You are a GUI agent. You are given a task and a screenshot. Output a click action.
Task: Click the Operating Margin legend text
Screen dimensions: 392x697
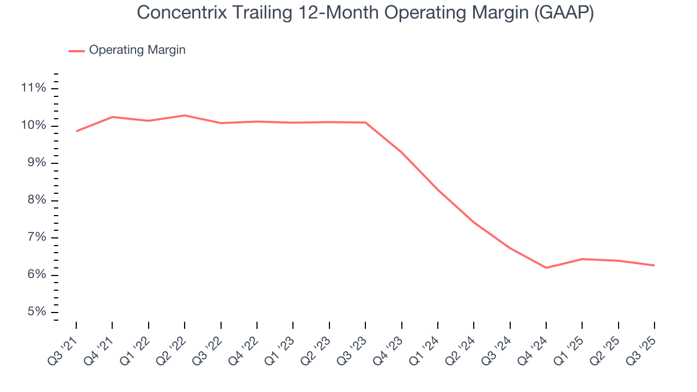point(137,50)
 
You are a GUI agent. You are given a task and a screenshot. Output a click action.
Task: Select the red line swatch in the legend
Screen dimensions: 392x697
point(77,51)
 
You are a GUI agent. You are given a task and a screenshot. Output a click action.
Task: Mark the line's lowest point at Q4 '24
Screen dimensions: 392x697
point(546,268)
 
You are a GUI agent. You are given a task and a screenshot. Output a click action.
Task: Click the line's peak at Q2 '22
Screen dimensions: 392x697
point(185,115)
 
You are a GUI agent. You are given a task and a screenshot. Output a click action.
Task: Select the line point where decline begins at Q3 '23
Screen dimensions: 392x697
point(365,122)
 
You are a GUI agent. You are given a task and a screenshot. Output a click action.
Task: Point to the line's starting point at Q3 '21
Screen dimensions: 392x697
point(76,131)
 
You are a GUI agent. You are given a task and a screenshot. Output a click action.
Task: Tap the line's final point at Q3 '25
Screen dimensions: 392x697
point(654,266)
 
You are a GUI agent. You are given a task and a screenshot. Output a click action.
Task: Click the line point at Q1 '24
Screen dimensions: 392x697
point(438,190)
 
